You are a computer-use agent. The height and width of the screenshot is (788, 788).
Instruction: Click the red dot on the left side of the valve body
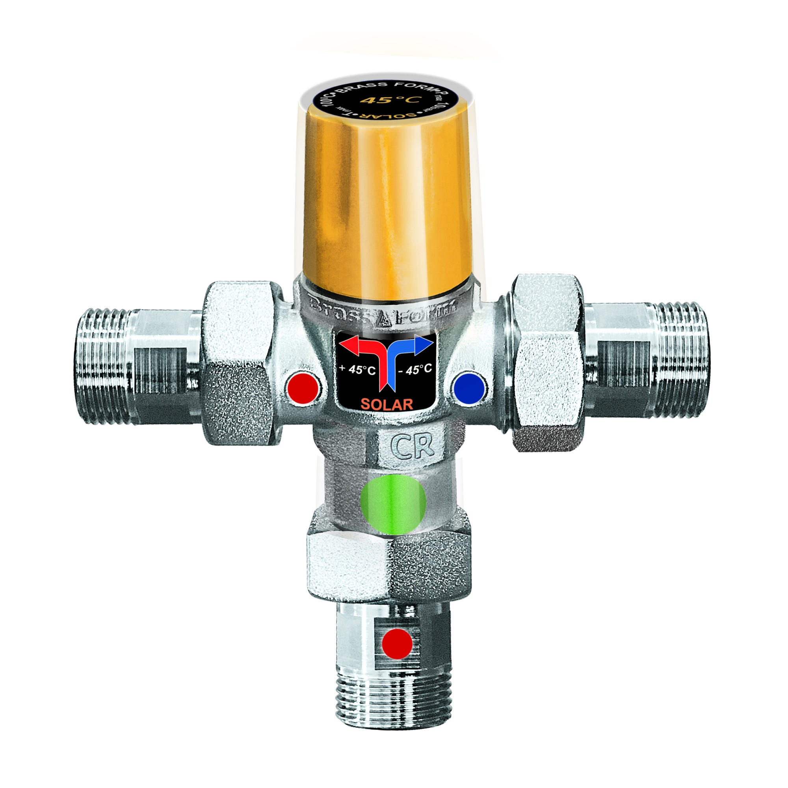click(x=302, y=387)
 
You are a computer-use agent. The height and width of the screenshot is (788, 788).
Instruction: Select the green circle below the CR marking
click(x=393, y=504)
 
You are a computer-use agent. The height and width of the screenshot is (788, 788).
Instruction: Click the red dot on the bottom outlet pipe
click(x=397, y=644)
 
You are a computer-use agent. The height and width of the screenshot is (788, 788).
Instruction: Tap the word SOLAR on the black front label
click(x=387, y=404)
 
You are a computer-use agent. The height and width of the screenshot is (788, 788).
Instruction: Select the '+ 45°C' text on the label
click(x=357, y=370)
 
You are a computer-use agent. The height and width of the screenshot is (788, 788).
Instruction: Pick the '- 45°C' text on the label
click(x=415, y=370)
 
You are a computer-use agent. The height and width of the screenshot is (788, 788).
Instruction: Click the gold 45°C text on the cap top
click(x=387, y=100)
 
